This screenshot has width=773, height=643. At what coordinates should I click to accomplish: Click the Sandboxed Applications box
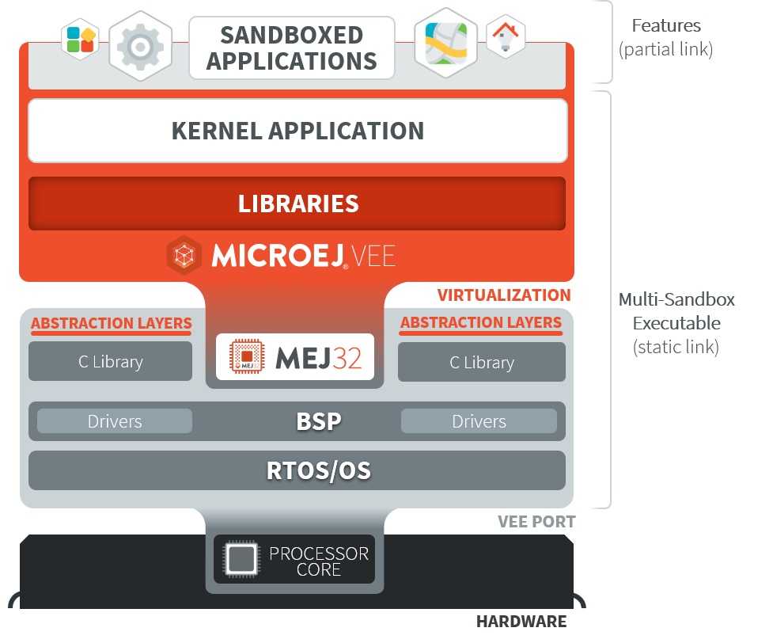[291, 48]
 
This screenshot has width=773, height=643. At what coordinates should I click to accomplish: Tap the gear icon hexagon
[140, 46]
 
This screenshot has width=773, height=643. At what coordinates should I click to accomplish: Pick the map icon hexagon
[445, 42]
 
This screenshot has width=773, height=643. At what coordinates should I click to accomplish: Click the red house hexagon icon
[505, 36]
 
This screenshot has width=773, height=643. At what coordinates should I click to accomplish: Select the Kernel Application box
[297, 131]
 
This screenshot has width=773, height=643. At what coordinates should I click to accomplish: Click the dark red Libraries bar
[297, 204]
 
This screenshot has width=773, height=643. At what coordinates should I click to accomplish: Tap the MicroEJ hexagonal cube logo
[184, 256]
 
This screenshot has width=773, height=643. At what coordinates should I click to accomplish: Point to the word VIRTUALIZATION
[504, 295]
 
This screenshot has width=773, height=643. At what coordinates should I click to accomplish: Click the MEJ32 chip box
[294, 357]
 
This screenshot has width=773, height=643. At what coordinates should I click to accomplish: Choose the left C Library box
[111, 362]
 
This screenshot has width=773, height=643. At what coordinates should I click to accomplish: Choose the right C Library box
[482, 363]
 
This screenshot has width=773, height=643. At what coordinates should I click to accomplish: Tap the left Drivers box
[115, 421]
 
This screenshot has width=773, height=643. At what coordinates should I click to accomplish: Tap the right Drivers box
[479, 421]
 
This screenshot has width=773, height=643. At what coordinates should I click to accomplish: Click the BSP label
[319, 421]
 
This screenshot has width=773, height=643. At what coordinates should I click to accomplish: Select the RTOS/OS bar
[297, 471]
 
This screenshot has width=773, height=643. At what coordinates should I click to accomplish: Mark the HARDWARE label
[521, 622]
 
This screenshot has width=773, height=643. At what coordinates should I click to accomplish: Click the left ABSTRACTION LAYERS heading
[111, 323]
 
